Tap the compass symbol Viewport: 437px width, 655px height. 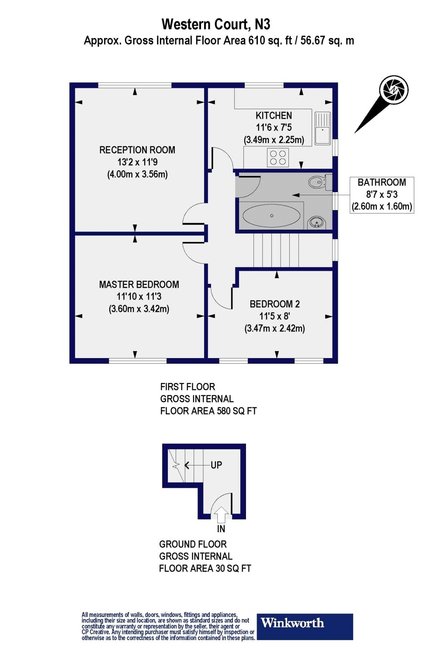point(395,90)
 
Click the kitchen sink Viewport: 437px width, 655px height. point(323,127)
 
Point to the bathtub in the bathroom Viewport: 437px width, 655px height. point(271,216)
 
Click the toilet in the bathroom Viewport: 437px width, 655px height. point(319,181)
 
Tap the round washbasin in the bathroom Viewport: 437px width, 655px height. point(316,223)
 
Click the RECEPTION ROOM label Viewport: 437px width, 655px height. point(137,150)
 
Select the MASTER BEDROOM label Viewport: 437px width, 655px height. point(139,285)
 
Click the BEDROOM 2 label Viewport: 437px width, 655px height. point(274,304)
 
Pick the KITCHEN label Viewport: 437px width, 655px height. point(274,116)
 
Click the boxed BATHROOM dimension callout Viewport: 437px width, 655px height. point(382,195)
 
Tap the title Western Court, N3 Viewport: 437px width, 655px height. point(218,24)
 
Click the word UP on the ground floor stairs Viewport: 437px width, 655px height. point(216,465)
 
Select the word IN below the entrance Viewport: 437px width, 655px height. point(221,529)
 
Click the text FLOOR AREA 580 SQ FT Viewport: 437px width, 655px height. point(208,411)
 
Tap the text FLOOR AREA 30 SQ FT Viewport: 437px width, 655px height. point(205,569)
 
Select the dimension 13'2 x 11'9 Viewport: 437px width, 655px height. point(137,162)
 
